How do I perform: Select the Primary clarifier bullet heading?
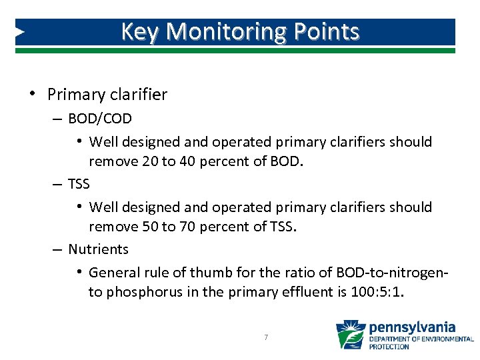pyautogui.click(x=107, y=95)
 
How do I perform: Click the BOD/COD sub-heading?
pyautogui.click(x=100, y=119)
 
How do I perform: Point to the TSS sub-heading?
pyautogui.click(x=79, y=183)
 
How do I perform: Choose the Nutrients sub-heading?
pyautogui.click(x=98, y=249)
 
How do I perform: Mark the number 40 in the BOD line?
pyautogui.click(x=189, y=161)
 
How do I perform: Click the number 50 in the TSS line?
pyautogui.click(x=150, y=227)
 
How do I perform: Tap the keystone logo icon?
pyautogui.click(x=351, y=335)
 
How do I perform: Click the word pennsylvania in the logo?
pyautogui.click(x=412, y=327)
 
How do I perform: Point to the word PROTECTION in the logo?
pyautogui.click(x=390, y=347)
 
